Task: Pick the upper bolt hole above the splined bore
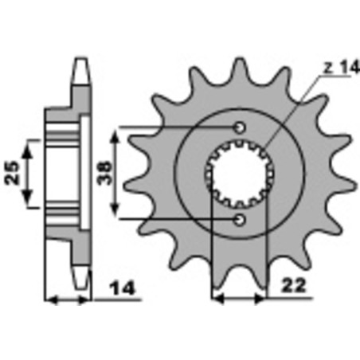pyautogui.click(x=240, y=127)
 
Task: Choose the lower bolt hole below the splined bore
pyautogui.click(x=240, y=217)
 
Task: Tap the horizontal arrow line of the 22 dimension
pyautogui.click(x=240, y=301)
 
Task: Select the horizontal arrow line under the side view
pyautogui.click(x=70, y=301)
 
